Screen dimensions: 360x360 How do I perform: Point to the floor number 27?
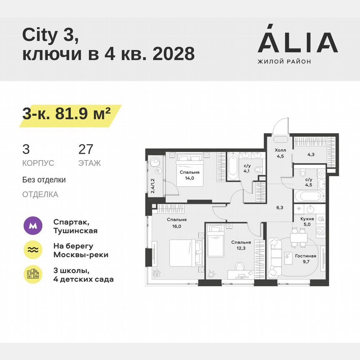coord(86,149)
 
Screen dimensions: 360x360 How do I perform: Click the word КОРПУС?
coord(38,163)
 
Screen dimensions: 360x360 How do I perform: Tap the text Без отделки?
coord(44,180)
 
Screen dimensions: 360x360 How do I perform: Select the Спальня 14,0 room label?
coord(190,175)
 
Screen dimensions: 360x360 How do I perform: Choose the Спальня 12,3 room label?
coord(241,245)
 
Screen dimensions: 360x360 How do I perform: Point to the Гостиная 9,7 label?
coord(306,259)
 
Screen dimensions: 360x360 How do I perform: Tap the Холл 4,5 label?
coord(279,154)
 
